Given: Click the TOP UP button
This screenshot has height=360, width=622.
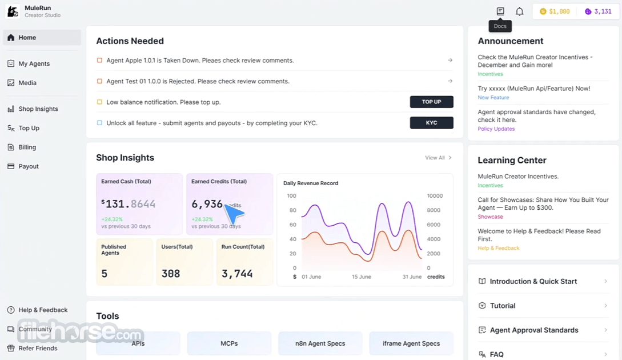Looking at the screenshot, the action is click(432, 102).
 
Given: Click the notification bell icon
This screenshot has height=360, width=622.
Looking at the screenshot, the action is click(519, 11).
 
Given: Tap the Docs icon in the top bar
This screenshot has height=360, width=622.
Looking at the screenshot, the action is click(500, 11).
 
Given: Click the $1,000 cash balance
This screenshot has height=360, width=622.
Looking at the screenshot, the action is click(555, 11).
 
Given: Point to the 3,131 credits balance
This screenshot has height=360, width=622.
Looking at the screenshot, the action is click(598, 11).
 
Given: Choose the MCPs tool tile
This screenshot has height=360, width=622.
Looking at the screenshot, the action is click(229, 343).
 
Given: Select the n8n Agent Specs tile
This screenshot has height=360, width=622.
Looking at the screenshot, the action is click(320, 343).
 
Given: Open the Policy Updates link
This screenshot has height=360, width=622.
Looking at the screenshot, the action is click(496, 129).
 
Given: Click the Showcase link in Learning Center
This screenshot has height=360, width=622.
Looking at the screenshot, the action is click(490, 217).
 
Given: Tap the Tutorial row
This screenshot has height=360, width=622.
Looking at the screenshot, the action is click(543, 306).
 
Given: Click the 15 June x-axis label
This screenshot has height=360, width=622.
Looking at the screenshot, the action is click(362, 277).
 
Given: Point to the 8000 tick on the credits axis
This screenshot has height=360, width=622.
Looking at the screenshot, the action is click(434, 210).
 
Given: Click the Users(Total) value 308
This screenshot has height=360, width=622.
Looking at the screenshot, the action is click(171, 274).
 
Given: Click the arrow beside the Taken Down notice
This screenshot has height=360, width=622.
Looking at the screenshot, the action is click(450, 61).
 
